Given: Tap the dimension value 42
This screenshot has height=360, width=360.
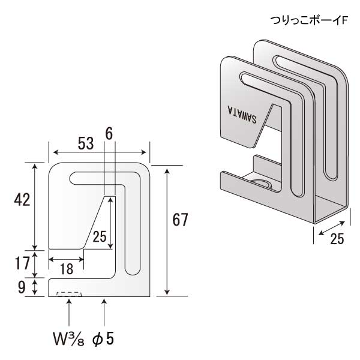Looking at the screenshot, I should [x=22, y=200].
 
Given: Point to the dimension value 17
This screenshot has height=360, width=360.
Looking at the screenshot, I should [x=22, y=263].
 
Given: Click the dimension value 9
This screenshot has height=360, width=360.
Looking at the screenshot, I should [x=22, y=287].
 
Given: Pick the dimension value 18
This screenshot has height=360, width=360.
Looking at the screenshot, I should [x=67, y=269].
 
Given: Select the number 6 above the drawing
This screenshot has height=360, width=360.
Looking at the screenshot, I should [x=109, y=134].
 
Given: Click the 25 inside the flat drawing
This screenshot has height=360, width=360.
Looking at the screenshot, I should [x=100, y=236].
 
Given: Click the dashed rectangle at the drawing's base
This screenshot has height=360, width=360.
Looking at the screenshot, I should [x=68, y=294].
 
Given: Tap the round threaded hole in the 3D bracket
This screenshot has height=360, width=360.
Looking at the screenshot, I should [x=262, y=182].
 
